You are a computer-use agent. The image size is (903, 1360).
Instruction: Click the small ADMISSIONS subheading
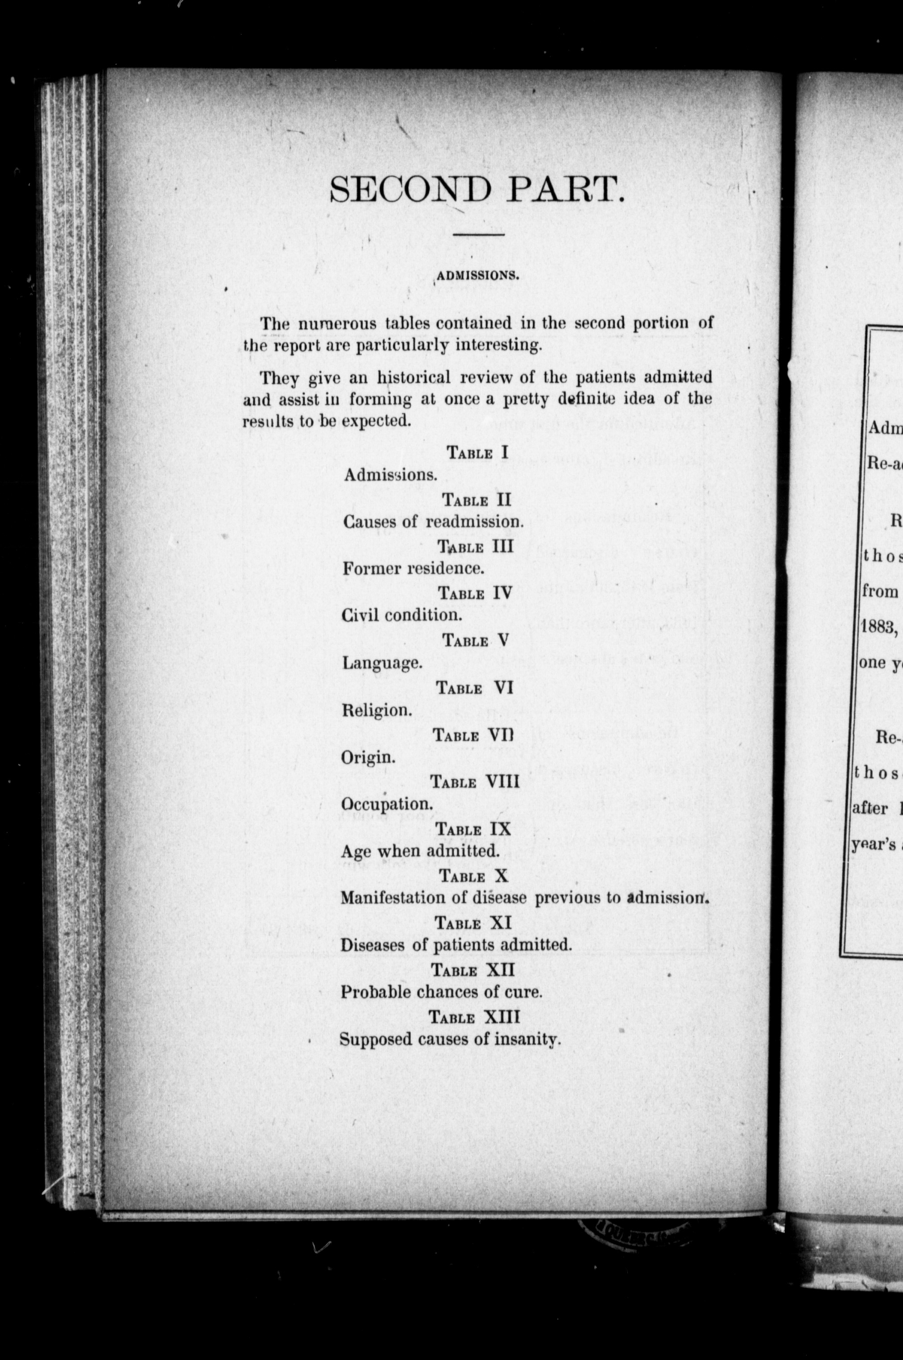(478, 275)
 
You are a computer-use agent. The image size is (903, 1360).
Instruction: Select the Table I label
(478, 452)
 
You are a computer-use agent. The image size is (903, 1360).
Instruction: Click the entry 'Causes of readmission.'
(425, 522)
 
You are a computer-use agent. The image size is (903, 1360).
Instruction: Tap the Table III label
(476, 546)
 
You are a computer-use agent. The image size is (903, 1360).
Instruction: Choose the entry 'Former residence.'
(413, 569)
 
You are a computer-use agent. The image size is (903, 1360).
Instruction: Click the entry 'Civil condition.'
(402, 615)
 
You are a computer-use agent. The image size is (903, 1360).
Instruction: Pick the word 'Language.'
(382, 663)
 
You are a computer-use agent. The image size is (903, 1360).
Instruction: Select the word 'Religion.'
(377, 710)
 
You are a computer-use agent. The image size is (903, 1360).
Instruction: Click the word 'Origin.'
(368, 757)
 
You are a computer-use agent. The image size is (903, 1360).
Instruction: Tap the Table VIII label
(475, 782)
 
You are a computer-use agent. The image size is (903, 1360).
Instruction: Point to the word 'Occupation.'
(386, 804)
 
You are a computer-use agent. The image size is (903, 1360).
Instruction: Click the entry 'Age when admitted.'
(420, 851)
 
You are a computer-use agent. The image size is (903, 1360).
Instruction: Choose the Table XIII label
(474, 1017)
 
